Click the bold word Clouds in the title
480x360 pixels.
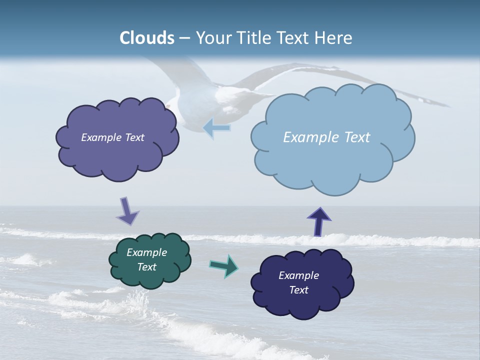(147, 37)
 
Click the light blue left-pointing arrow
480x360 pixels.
(217, 128)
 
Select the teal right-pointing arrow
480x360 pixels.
(224, 265)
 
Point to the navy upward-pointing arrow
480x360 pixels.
(319, 221)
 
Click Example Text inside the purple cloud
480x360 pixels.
(112, 137)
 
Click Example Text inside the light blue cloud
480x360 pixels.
(326, 137)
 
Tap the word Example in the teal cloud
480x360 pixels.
(146, 252)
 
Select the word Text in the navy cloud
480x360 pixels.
(298, 290)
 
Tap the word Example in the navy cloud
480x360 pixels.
(298, 275)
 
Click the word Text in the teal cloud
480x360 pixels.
(146, 267)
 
